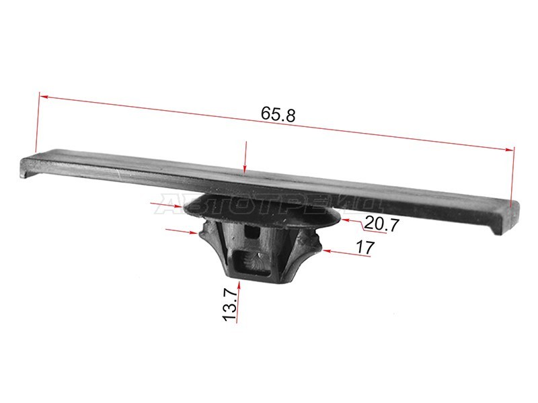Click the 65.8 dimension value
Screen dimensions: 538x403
tap(278, 114)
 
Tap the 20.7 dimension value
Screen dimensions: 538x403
tap(381, 224)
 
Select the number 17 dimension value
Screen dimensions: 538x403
tap(364, 247)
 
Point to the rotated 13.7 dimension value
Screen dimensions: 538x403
tap(230, 304)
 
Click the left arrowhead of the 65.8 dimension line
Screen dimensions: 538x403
tap(43, 96)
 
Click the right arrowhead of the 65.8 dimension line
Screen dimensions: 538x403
tap(510, 149)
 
